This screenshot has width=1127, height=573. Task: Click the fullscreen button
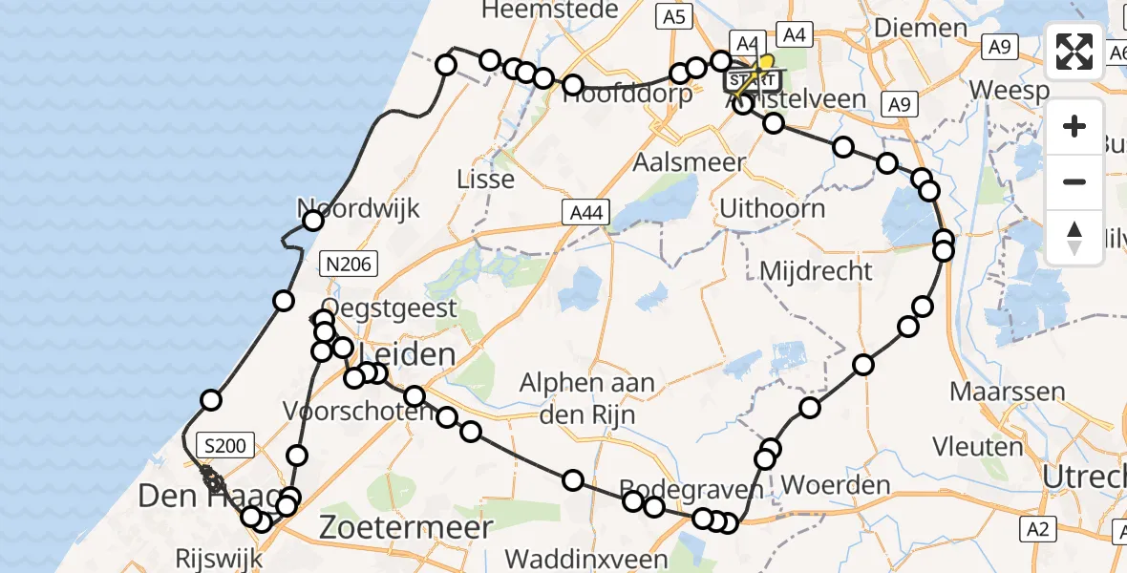[x=1074, y=52]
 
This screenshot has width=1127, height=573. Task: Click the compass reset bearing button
[x=1074, y=238]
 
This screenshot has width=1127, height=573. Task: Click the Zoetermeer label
[x=407, y=527]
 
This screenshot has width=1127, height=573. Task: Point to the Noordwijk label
[x=359, y=208]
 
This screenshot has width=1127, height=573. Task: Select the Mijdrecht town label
[x=816, y=271]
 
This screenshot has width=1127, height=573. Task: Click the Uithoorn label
[x=772, y=207]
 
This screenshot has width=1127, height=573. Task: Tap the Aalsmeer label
[x=690, y=162]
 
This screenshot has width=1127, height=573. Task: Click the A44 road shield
[x=587, y=213]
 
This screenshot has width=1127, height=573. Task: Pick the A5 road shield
[x=673, y=16]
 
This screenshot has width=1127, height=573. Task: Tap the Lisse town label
[x=486, y=179]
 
